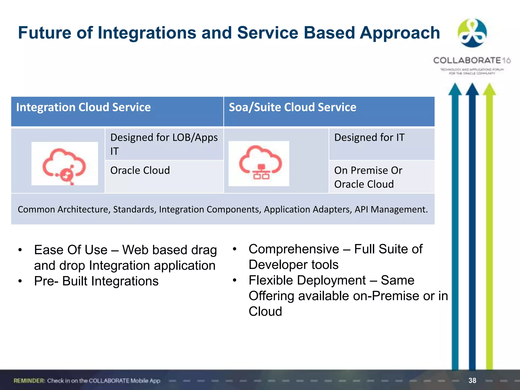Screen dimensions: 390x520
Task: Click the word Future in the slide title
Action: [45, 33]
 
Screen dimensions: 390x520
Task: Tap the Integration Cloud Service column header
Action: [83, 107]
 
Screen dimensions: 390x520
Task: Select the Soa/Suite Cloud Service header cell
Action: [292, 107]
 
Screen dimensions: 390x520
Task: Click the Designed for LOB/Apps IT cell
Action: [164, 144]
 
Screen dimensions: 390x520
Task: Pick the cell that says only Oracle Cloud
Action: [140, 170]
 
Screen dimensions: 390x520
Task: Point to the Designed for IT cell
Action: [369, 138]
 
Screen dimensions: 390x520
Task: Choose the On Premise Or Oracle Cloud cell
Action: [368, 177]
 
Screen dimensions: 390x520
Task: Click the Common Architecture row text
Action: [223, 209]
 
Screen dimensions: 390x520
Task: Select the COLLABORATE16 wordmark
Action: [472, 60]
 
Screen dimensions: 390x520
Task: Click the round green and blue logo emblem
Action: [472, 33]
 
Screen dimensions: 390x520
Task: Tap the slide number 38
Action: [472, 380]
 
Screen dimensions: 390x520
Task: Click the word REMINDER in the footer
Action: [29, 381]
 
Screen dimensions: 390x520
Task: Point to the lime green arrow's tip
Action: [489, 85]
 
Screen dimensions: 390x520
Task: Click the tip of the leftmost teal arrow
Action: [455, 85]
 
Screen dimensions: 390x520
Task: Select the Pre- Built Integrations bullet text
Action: [96, 281]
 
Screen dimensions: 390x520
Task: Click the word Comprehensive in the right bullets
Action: [294, 249]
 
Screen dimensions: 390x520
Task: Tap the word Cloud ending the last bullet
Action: [265, 311]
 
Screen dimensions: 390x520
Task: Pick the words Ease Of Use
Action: [71, 250]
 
